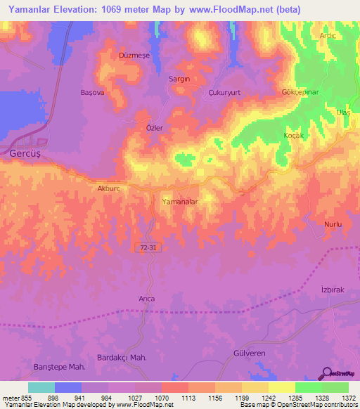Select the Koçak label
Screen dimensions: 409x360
point(292,136)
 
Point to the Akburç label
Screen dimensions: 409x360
point(110,188)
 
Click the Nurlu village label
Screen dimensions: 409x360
point(333,223)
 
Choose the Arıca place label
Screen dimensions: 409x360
point(146,299)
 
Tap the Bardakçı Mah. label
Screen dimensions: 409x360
point(122,358)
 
